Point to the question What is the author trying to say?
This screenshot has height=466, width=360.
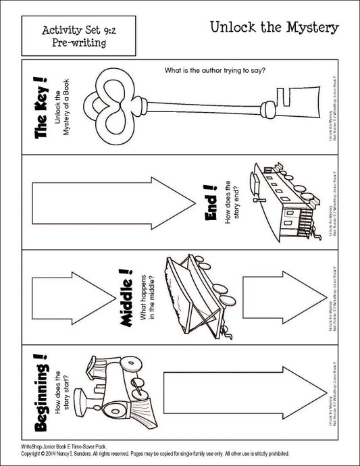click(215, 70)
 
